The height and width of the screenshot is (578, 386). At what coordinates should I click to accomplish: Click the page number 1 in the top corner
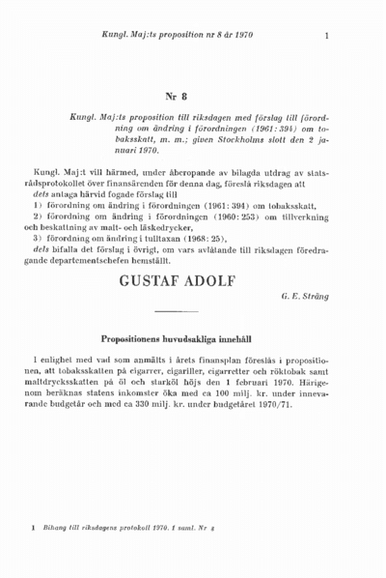click(328, 37)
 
